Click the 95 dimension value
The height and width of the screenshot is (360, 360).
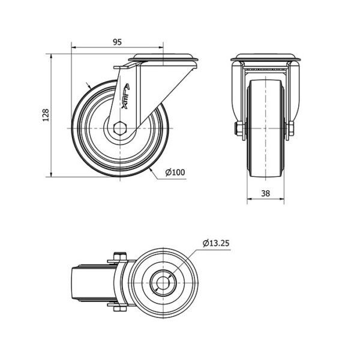[117, 42]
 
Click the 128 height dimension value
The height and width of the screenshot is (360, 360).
[46, 115]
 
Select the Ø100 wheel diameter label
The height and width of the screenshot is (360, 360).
[175, 172]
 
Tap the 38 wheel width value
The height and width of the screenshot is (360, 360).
[266, 194]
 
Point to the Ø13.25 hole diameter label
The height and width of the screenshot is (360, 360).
[216, 243]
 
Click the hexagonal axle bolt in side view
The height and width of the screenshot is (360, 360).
[120, 128]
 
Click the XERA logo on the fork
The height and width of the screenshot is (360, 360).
[125, 96]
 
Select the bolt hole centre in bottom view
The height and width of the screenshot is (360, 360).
[163, 283]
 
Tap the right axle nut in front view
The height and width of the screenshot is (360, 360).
[291, 128]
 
